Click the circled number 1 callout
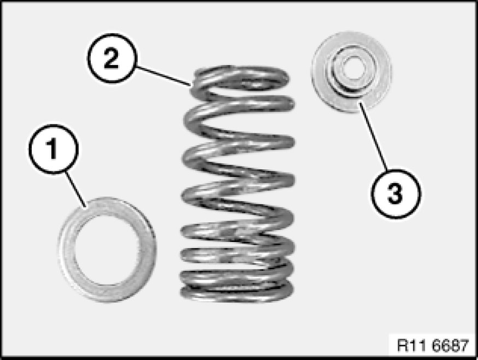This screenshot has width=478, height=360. [x=54, y=149]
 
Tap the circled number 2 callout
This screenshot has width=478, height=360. [x=111, y=58]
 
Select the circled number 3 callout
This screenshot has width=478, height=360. [x=396, y=193]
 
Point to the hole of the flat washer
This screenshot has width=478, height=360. [x=107, y=250]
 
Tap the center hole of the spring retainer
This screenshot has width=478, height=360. [x=351, y=68]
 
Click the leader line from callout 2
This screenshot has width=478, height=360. [x=164, y=75]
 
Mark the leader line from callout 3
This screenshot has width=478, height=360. [x=373, y=135]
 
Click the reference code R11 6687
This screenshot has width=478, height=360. [x=433, y=346]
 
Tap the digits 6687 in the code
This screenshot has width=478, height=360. [x=450, y=346]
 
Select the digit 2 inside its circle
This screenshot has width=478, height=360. [x=111, y=58]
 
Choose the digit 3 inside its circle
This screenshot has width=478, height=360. [x=396, y=193]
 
